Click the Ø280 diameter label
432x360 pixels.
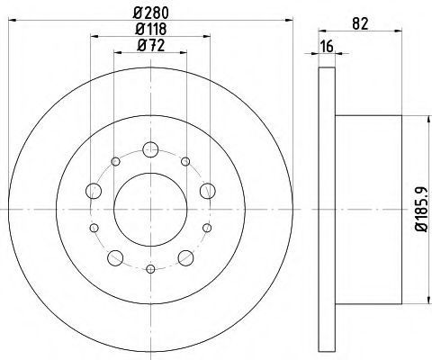coord(151,13)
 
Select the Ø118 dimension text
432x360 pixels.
coord(151,29)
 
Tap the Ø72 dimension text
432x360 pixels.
coord(151,46)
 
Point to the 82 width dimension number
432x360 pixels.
coord(360,23)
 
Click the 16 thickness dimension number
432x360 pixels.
coord(327,47)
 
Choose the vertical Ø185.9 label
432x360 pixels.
coord(421,210)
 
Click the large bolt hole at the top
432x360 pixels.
coord(150,149)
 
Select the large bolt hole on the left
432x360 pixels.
coord(94,191)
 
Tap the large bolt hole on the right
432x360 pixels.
coord(208,191)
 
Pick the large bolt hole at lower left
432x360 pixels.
coord(115,257)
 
